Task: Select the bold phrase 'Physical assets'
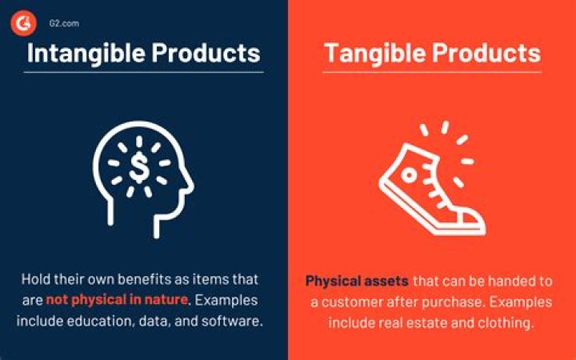(357, 282)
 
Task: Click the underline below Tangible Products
(432, 73)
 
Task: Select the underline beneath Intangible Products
(144, 73)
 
